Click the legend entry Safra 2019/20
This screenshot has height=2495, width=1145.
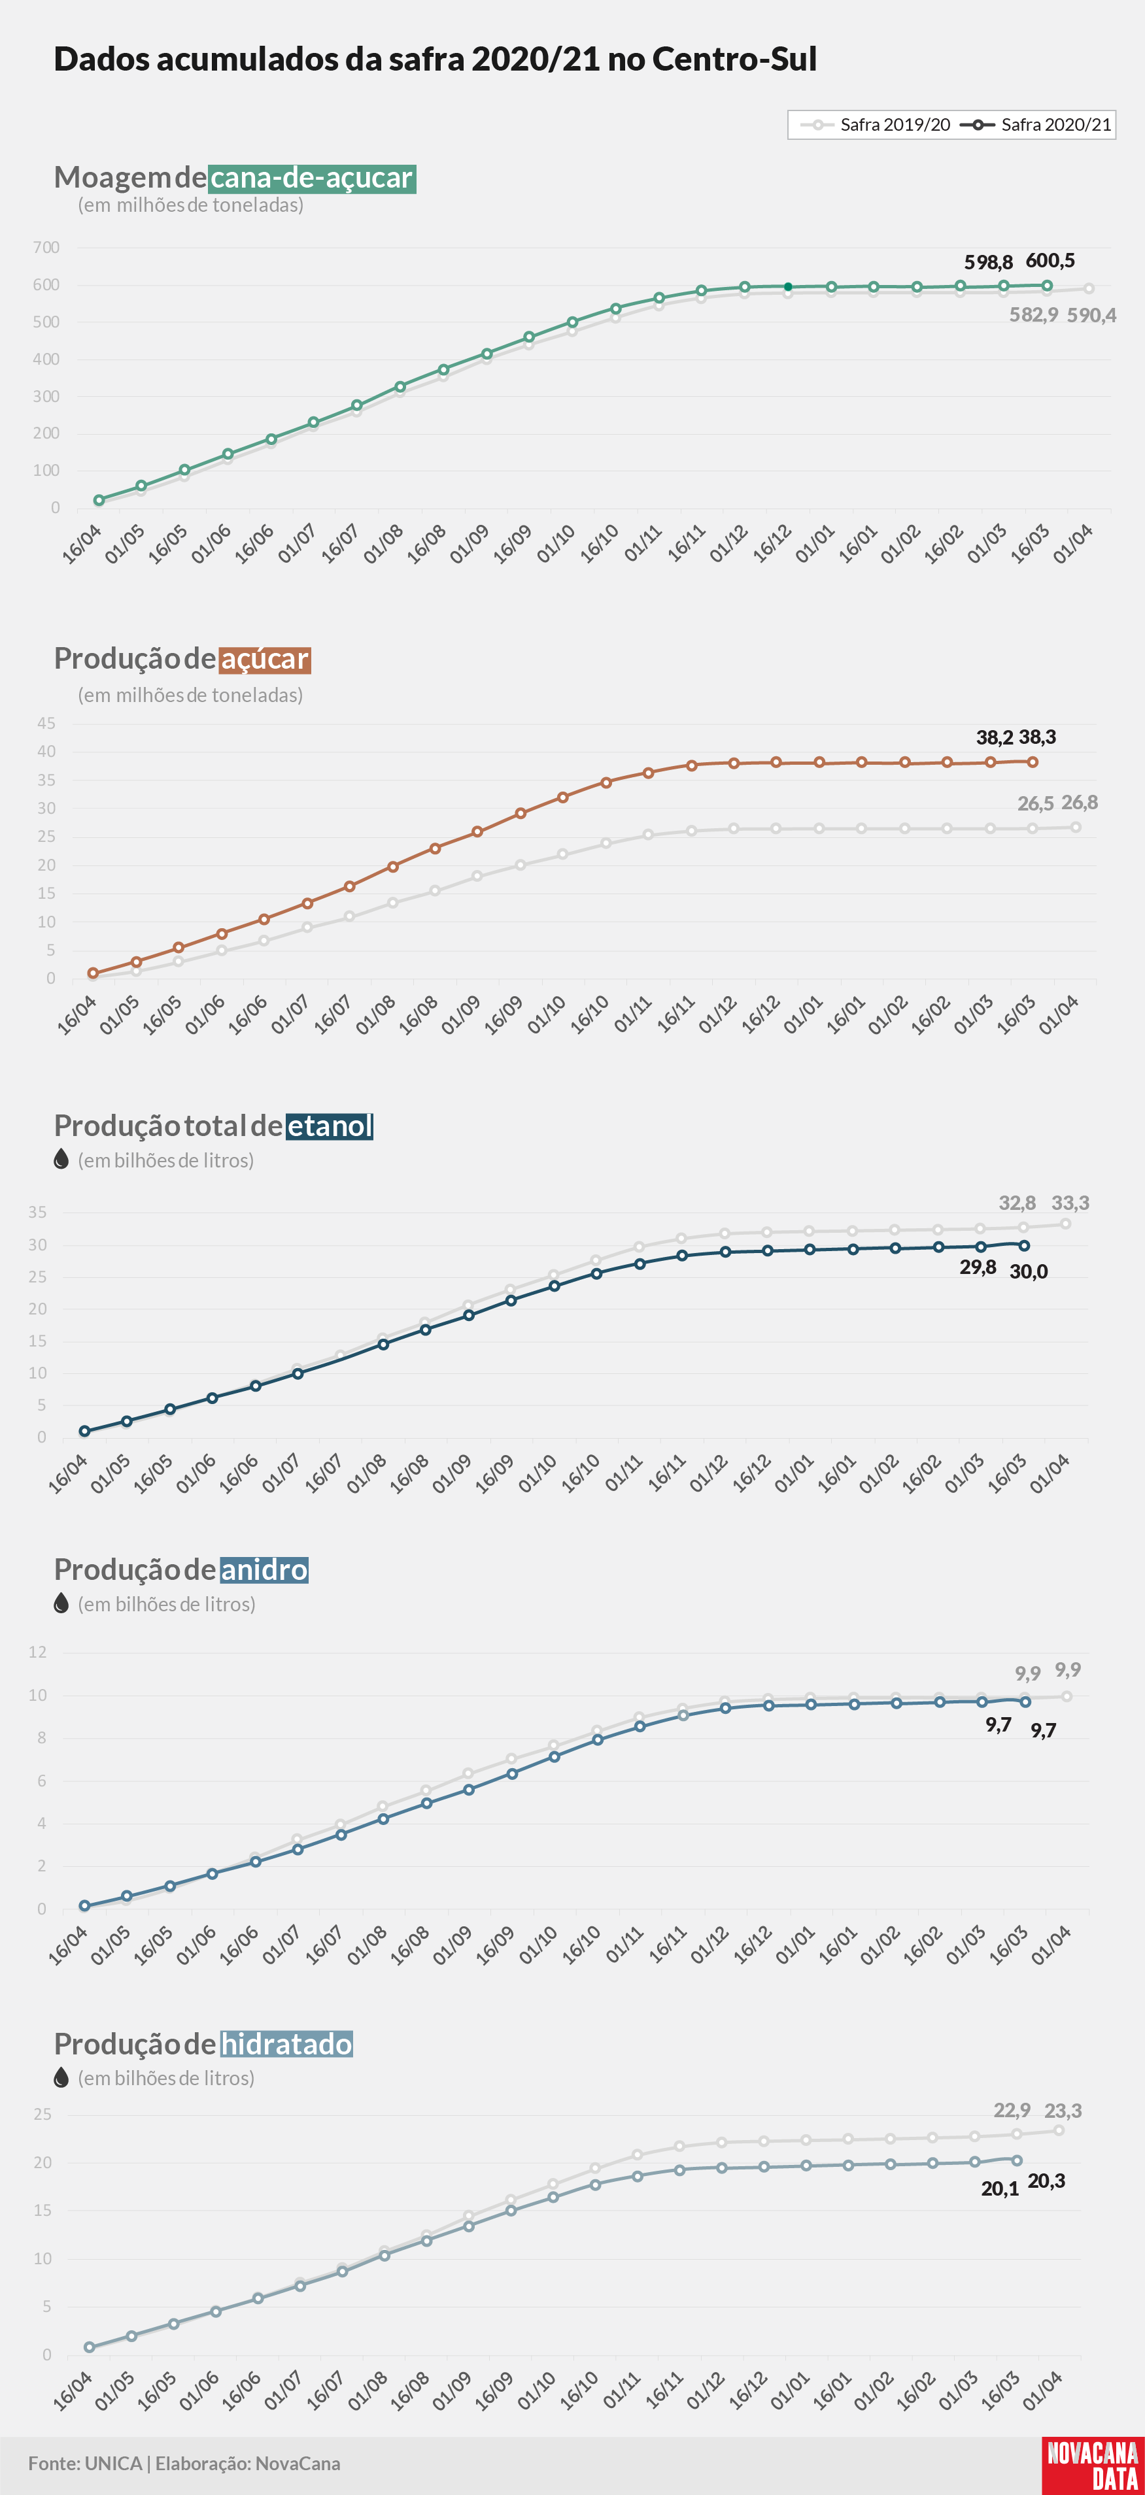(875, 125)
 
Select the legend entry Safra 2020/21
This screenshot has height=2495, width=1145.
(1036, 125)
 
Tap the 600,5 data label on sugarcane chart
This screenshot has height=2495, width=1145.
(1050, 261)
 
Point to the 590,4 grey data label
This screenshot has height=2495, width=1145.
(1092, 315)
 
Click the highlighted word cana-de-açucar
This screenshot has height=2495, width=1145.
(312, 178)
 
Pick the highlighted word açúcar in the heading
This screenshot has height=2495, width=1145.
(264, 659)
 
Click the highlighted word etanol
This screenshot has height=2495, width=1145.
(330, 1126)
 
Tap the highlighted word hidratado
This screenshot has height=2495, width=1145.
(286, 2044)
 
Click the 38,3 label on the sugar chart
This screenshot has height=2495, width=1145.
(1038, 737)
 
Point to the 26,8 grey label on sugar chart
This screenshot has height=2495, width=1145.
(1079, 802)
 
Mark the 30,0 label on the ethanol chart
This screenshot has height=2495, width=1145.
(1029, 1272)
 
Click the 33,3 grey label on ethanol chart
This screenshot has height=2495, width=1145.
(1070, 1203)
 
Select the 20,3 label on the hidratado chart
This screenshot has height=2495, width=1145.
(1046, 2181)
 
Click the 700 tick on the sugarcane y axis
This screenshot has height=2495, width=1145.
(46, 248)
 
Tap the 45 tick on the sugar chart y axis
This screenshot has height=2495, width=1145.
(46, 724)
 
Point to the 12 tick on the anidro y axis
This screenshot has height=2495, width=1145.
(38, 1652)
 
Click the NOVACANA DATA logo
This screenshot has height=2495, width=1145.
(1093, 2466)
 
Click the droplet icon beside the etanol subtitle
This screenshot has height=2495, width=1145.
(61, 1160)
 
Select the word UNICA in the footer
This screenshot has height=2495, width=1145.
(113, 2463)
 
